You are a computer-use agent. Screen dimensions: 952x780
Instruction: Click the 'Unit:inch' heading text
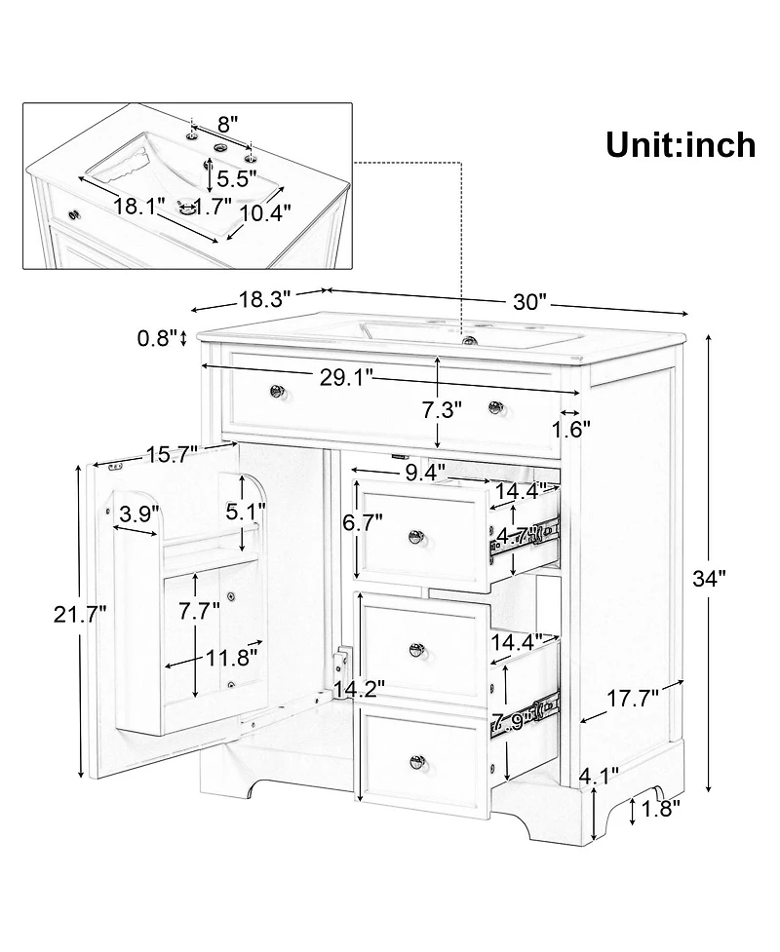pyautogui.click(x=681, y=144)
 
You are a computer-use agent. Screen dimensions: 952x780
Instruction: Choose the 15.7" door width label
pyautogui.click(x=173, y=452)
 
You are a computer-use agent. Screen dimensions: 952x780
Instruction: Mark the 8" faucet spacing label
pyautogui.click(x=227, y=124)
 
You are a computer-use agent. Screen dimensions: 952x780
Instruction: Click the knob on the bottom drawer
pyautogui.click(x=419, y=761)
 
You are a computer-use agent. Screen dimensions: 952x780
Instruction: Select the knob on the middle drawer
pyautogui.click(x=419, y=650)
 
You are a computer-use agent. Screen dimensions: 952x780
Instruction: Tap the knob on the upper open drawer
pyautogui.click(x=417, y=534)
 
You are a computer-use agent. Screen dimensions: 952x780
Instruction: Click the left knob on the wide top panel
pyautogui.click(x=277, y=392)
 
